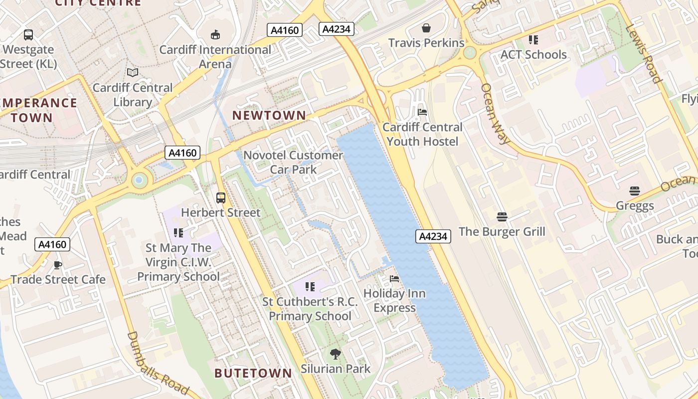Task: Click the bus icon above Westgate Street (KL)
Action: tap(28, 35)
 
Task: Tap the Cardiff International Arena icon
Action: tap(215, 34)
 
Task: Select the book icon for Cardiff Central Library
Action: tap(132, 73)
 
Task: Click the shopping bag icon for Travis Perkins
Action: tap(426, 28)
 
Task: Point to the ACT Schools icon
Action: tap(533, 40)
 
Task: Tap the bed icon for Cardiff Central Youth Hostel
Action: tap(422, 112)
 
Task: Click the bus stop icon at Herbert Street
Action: tap(221, 198)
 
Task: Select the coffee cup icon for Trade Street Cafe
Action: tap(58, 265)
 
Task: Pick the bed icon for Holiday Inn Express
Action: tap(394, 278)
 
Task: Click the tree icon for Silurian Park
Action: tap(336, 354)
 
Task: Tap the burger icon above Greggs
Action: tap(634, 191)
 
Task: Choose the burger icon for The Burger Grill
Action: tap(502, 217)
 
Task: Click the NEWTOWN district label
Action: tap(269, 115)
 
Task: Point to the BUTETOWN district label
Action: tap(253, 373)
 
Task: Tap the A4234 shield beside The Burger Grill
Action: tap(433, 236)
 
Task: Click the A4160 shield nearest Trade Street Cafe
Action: tap(52, 244)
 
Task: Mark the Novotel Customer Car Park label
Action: tap(293, 162)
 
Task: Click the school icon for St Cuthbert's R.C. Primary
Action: tap(310, 287)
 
